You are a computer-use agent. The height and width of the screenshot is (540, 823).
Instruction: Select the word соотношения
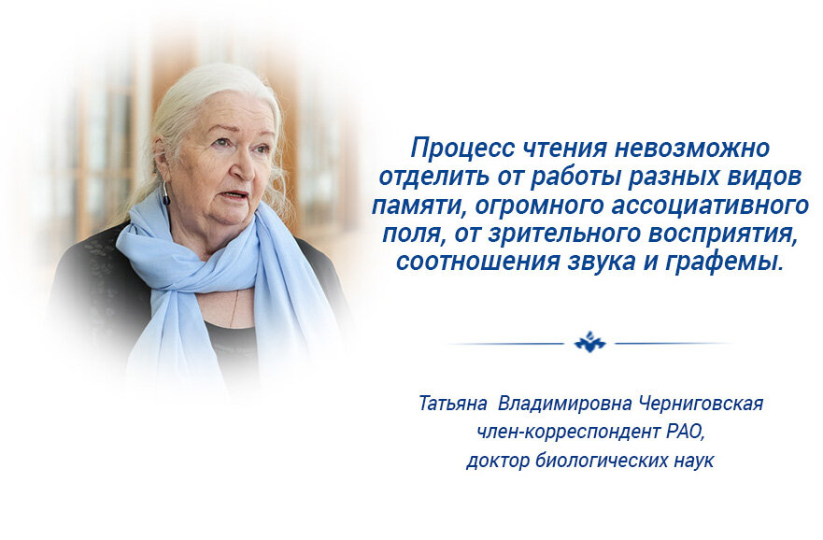(468, 263)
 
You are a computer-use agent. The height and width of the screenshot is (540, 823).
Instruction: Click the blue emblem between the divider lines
(589, 343)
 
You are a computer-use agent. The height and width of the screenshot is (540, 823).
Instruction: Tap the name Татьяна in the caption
(453, 405)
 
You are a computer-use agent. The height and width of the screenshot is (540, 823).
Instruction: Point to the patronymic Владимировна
(566, 405)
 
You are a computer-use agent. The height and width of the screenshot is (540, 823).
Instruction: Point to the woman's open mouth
(234, 195)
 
